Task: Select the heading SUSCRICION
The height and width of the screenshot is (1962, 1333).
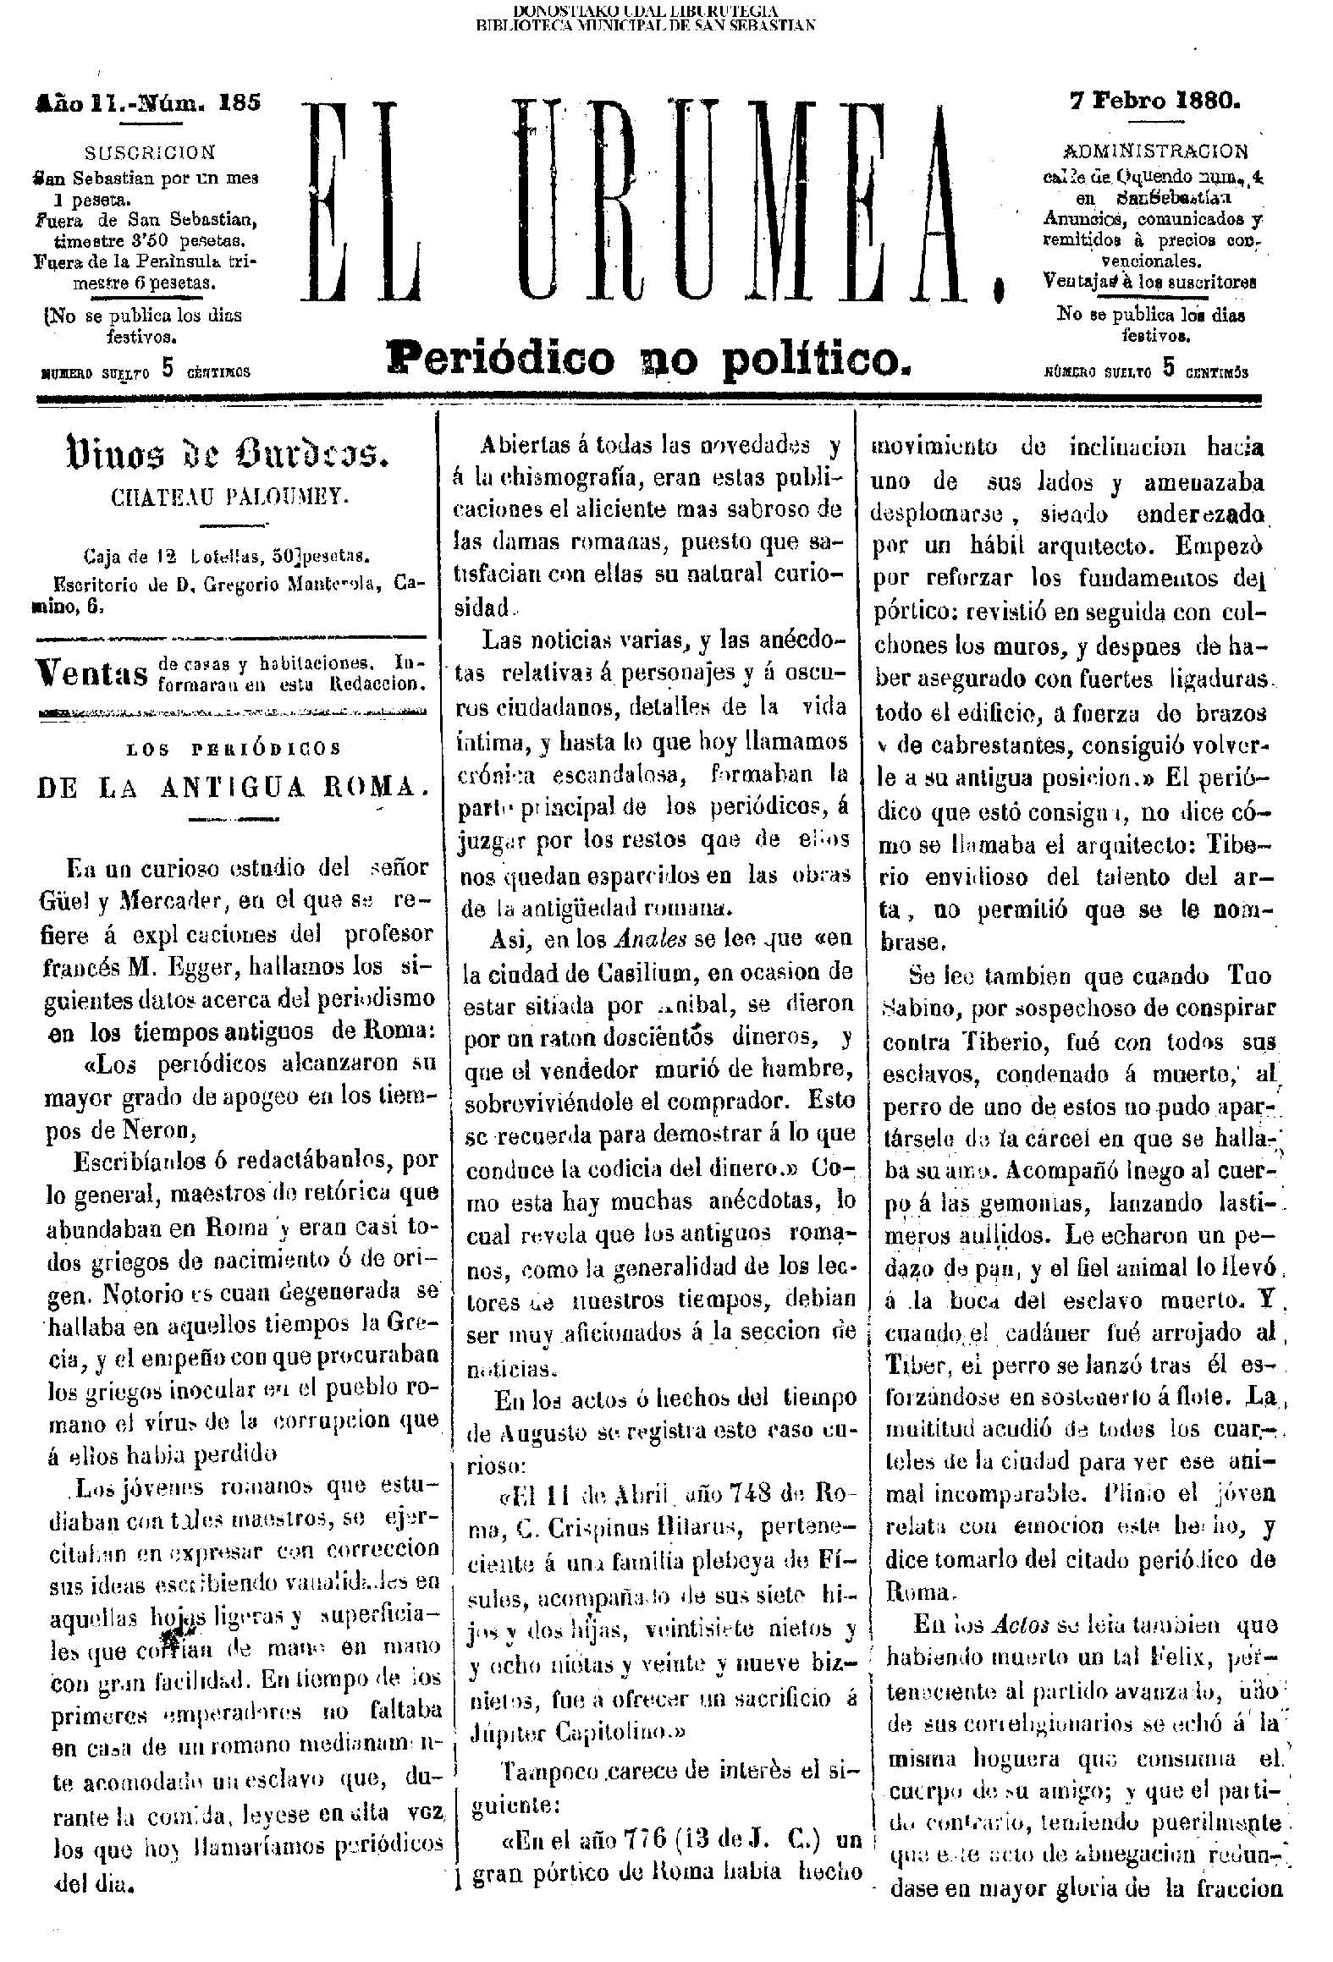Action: click(x=151, y=153)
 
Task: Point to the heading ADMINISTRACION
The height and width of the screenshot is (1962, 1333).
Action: click(x=1154, y=152)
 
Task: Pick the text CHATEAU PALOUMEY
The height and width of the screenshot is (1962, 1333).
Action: click(x=229, y=498)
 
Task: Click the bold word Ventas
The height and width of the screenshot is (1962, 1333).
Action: click(x=94, y=674)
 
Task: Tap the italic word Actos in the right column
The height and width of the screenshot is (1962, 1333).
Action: click(x=1026, y=1625)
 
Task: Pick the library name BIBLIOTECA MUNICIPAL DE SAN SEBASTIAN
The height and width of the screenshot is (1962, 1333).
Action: click(x=646, y=25)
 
